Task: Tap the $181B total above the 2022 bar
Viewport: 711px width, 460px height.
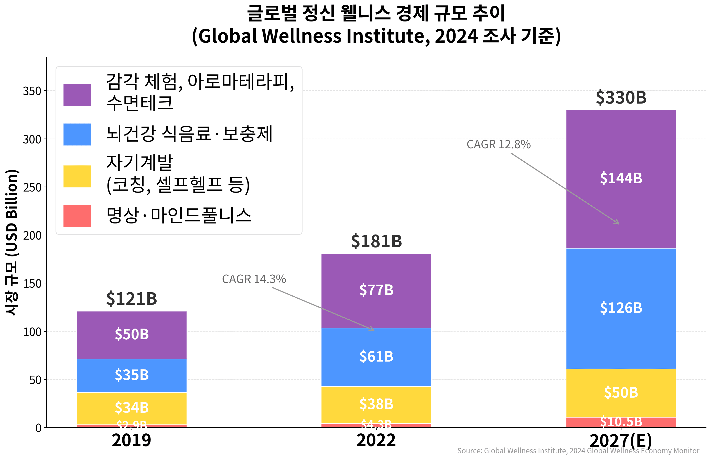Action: coord(376,241)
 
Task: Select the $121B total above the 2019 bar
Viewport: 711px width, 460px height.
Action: coord(132,298)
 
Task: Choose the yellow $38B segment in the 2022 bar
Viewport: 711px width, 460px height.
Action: coord(376,404)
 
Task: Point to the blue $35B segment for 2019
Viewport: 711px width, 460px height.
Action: coord(132,375)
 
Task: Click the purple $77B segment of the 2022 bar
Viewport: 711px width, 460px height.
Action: coord(376,290)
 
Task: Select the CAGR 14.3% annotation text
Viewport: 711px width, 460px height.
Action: coord(254,279)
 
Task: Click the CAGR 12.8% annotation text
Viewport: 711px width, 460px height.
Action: coord(498,144)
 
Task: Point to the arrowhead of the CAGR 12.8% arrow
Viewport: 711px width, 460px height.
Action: coord(618,223)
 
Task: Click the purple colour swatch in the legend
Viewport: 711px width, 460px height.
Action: coord(77,95)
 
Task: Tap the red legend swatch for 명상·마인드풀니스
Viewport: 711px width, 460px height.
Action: coord(77,216)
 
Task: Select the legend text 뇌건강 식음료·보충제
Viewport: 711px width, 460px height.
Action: coord(189,134)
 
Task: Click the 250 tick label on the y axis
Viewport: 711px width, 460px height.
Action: coord(32,187)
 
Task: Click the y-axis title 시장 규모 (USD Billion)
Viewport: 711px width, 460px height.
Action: coord(12,242)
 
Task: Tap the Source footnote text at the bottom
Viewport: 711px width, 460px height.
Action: coord(578,451)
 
